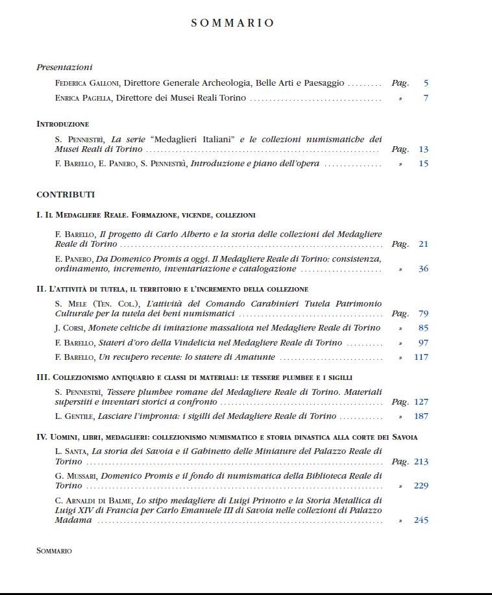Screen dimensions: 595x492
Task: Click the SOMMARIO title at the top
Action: click(232, 23)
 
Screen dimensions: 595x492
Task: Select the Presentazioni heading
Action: click(64, 67)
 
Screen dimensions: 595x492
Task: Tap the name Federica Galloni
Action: click(87, 83)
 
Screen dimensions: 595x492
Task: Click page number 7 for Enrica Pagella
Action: click(425, 98)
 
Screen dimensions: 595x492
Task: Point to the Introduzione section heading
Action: click(62, 123)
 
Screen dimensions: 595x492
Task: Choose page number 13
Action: click(423, 149)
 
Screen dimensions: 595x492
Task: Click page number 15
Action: click(423, 164)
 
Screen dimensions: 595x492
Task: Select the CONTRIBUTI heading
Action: click(66, 194)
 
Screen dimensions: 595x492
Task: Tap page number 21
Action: click(423, 244)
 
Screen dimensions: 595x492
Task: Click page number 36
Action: click(423, 268)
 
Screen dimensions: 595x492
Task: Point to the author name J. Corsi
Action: click(69, 328)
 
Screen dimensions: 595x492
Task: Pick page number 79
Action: click(423, 314)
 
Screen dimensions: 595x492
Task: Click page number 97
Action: click(423, 342)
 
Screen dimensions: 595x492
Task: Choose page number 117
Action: click(421, 357)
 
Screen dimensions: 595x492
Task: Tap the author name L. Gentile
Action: click(75, 416)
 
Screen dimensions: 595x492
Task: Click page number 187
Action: click(421, 416)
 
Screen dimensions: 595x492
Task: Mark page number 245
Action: click(421, 520)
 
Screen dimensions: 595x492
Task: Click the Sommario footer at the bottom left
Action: click(54, 551)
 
